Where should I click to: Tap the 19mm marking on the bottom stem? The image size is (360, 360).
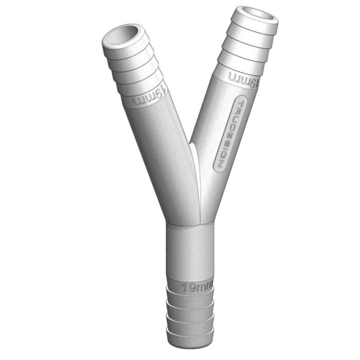coord(196,287)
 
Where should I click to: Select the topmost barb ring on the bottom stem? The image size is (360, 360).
coord(191,299)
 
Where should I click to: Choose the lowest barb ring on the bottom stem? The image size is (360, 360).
coord(191,337)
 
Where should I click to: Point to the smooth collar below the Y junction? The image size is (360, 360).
coord(191,252)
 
